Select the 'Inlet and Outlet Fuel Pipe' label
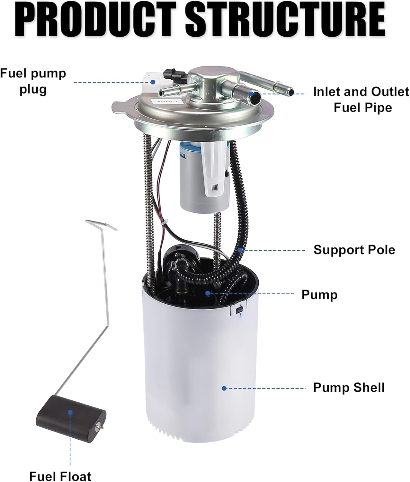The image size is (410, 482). point(361,100)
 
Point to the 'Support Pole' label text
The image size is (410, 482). point(354,250)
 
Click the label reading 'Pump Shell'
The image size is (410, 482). point(349,388)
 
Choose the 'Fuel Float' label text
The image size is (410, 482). point(60,476)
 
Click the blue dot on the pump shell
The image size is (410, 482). point(224,388)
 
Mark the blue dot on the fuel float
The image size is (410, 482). point(70,412)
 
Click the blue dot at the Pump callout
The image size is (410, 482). point(208,293)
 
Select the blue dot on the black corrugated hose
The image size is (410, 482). point(239,250)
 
